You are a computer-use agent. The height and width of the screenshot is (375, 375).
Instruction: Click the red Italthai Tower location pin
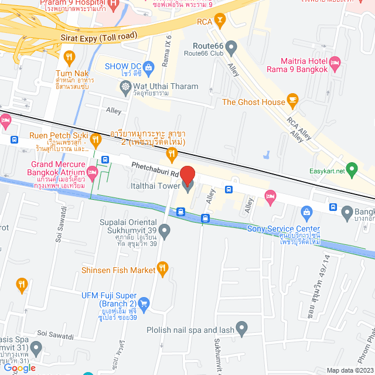coord(187,175)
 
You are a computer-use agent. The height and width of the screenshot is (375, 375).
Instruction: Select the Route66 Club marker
coord(231,46)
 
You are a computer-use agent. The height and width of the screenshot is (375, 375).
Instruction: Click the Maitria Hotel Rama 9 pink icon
coord(335,62)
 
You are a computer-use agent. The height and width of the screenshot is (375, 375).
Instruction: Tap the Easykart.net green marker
coord(352,172)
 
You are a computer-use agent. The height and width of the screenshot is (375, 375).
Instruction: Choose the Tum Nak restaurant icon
coord(70,57)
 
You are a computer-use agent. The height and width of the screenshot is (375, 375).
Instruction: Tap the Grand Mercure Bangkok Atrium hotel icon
coord(92,172)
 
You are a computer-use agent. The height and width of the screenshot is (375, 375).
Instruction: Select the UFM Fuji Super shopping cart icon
coord(144,304)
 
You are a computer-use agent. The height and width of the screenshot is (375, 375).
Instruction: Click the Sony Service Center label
coord(284,229)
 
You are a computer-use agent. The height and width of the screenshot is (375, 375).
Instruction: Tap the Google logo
coord(18,368)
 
